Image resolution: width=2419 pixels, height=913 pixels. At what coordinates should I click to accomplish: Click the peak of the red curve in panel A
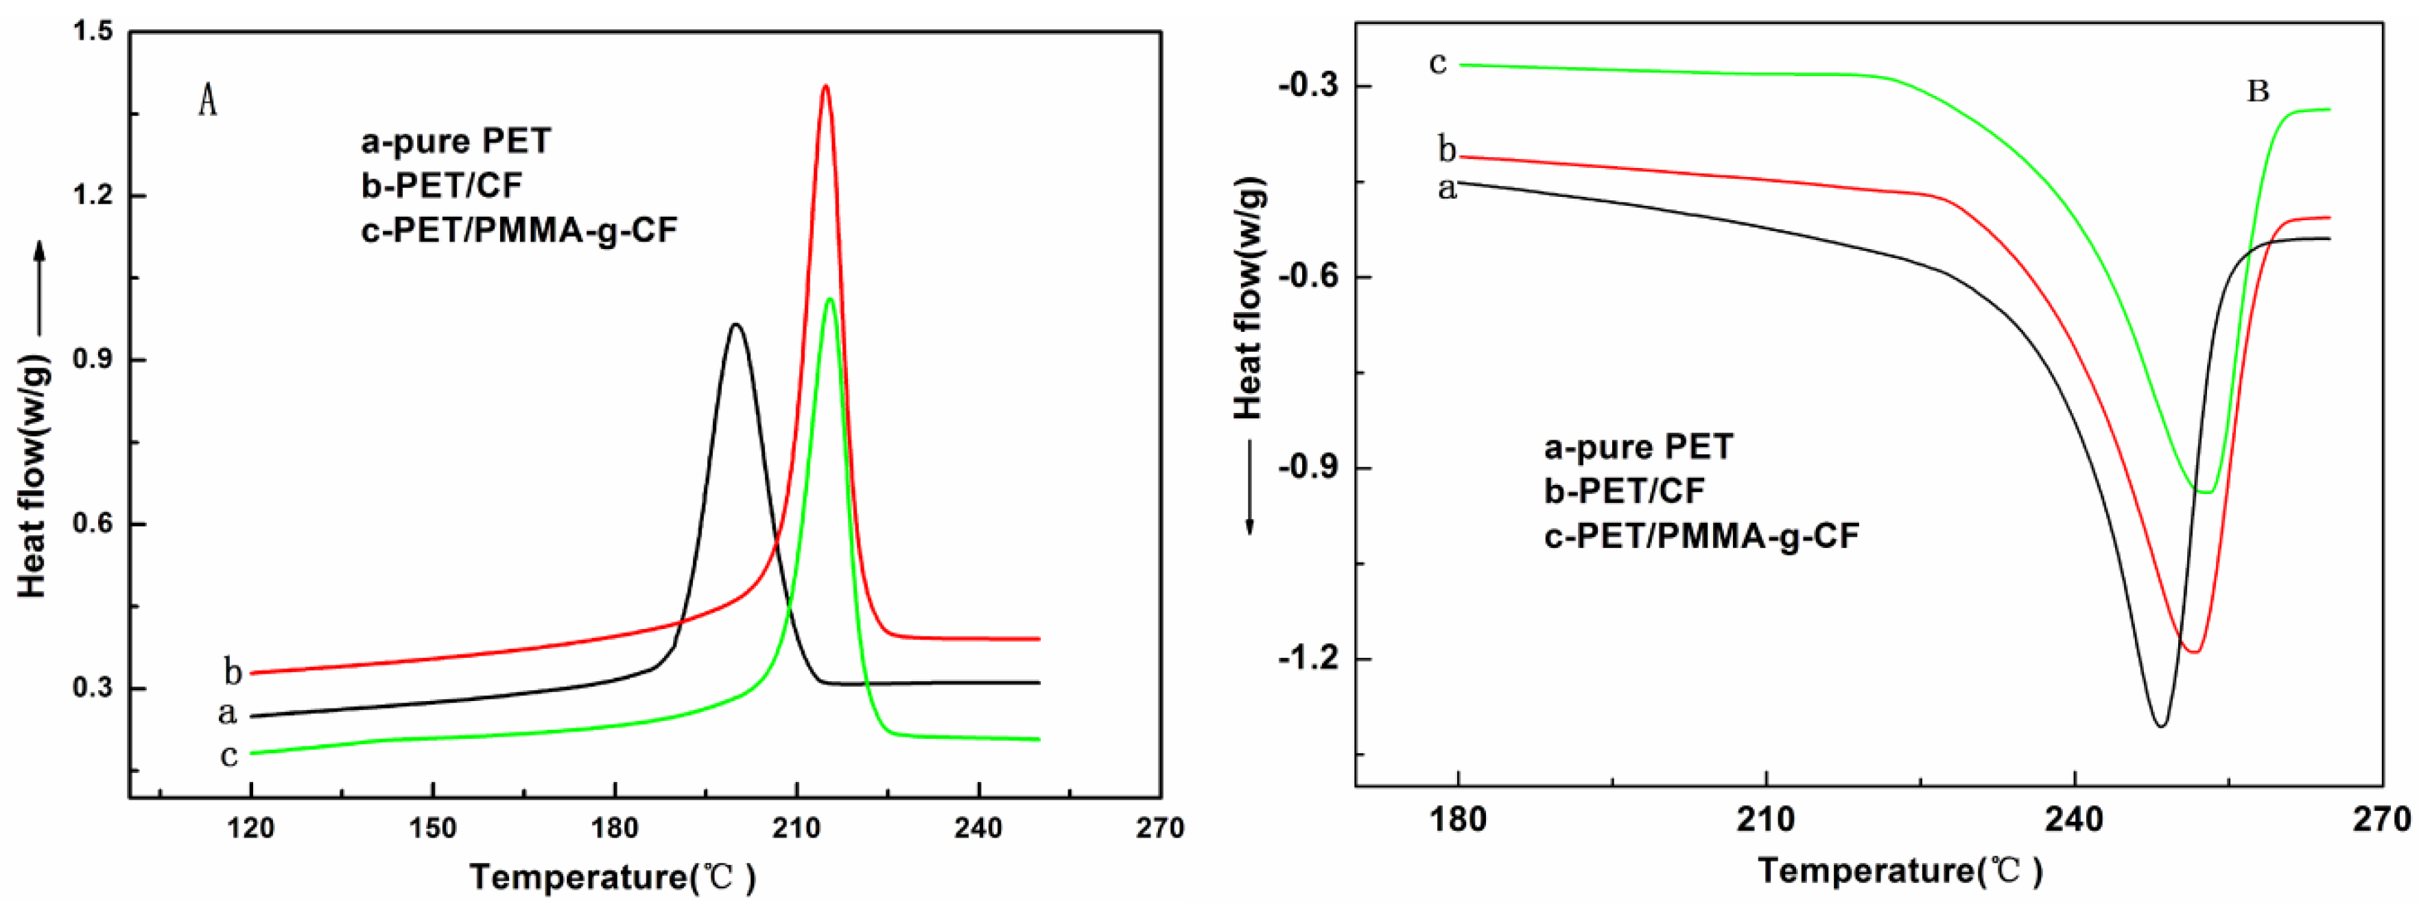(x=825, y=86)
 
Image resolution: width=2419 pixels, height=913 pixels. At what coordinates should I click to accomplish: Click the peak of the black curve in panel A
(x=735, y=325)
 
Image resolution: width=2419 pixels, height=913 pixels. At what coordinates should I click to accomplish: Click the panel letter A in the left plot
(x=208, y=101)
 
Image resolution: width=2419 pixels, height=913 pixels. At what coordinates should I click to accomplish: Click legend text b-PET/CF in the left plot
(x=441, y=186)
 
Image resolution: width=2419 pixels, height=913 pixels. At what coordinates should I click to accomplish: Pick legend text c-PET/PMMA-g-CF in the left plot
(x=519, y=230)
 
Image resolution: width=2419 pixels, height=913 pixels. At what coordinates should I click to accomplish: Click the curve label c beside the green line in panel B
(x=1438, y=64)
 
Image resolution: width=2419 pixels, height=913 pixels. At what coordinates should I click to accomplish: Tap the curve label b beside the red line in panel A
(x=232, y=672)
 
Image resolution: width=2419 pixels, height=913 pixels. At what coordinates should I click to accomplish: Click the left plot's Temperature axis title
(x=612, y=877)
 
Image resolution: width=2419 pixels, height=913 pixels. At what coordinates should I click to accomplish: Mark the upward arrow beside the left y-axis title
(x=39, y=282)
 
